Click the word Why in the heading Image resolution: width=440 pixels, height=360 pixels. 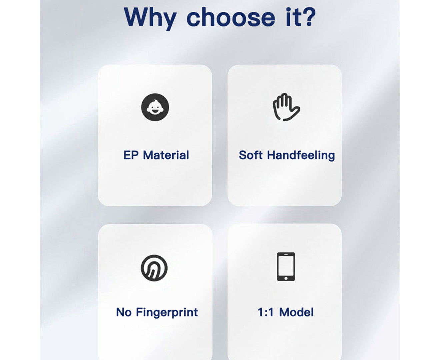[x=150, y=18]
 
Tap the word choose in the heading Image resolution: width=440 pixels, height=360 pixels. [x=231, y=17]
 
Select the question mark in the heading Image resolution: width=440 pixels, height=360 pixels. [x=308, y=17]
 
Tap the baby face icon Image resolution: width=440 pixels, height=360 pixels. [x=155, y=107]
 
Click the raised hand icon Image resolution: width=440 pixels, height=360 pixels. [x=286, y=107]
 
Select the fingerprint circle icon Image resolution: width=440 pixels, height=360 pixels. [x=154, y=268]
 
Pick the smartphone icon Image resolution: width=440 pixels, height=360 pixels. [x=286, y=267]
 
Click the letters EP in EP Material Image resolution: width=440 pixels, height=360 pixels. [x=131, y=155]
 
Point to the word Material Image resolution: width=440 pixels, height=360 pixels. [x=166, y=155]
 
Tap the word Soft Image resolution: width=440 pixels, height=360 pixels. [x=251, y=155]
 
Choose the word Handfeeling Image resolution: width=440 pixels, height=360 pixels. [x=301, y=156]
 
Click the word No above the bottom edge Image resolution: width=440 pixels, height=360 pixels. [x=124, y=312]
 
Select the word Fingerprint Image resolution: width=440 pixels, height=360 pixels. [x=167, y=313]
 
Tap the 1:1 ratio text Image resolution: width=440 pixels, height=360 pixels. [x=265, y=312]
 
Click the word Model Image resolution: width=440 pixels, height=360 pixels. [x=296, y=312]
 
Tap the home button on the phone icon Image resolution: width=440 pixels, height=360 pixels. [x=286, y=278]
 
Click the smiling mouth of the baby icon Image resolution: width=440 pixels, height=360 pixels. [x=155, y=111]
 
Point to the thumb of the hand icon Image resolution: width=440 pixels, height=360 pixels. [x=292, y=114]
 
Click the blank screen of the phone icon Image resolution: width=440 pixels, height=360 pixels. [x=286, y=265]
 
